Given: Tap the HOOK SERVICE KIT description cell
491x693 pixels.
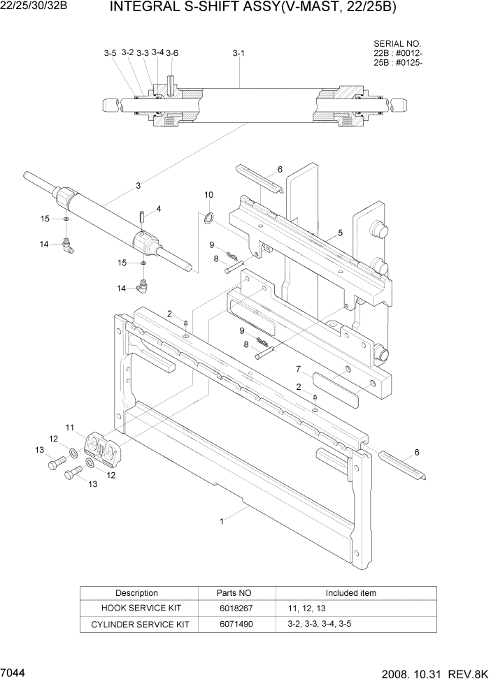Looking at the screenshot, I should point(136,608).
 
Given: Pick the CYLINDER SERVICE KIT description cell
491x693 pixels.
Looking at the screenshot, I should point(136,624).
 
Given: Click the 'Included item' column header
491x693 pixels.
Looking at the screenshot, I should point(350,593).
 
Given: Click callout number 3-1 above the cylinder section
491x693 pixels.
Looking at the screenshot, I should point(238,53).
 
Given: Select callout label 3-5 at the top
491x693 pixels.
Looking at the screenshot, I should point(110,53).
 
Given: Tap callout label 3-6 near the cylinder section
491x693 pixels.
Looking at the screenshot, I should point(172,53).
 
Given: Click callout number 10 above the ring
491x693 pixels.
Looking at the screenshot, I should point(208,194).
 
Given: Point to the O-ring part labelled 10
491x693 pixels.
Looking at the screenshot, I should point(209,219).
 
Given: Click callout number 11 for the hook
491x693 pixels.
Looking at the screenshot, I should point(70,427).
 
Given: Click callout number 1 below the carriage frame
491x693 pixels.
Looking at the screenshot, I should point(222,520).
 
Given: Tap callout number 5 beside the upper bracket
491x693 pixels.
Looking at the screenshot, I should point(340,233).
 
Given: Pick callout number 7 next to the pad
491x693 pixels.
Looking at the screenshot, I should point(298,369).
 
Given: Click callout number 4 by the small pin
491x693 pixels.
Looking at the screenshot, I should point(159,208).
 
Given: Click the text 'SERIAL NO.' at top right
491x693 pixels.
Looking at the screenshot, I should point(397,43).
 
